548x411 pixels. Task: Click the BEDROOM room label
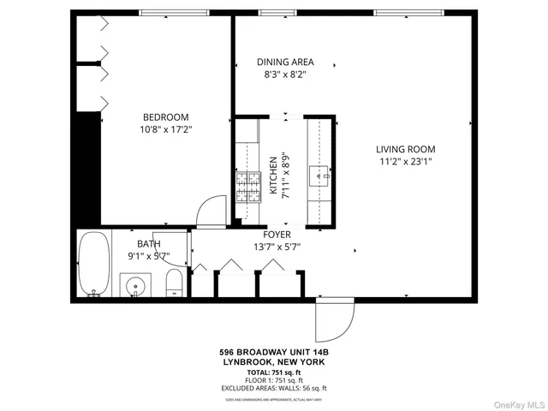166,117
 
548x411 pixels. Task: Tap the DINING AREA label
286,63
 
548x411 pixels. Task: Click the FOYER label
277,235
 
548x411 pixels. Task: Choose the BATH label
149,244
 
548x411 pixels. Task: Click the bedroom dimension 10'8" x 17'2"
166,130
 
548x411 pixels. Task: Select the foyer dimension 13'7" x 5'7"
277,247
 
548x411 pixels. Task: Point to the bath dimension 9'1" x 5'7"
149,256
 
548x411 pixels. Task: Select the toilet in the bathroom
173,283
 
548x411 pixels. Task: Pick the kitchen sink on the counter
324,176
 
